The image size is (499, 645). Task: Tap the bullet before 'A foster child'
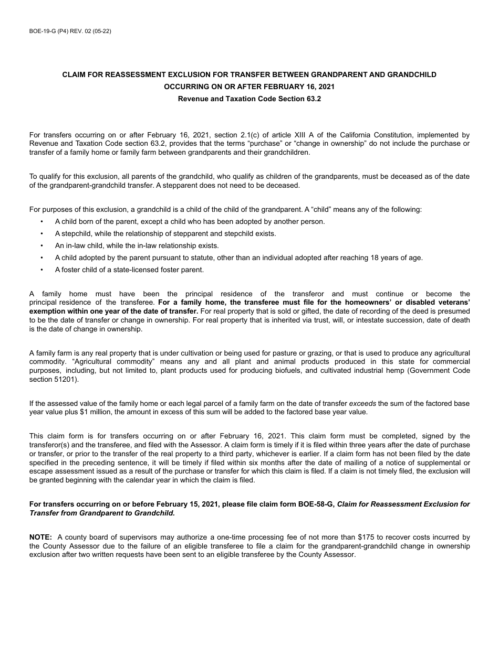pyautogui.click(x=42, y=270)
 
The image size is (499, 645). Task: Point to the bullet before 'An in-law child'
pyautogui.click(x=42, y=245)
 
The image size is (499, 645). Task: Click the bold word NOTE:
pyautogui.click(x=40, y=537)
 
